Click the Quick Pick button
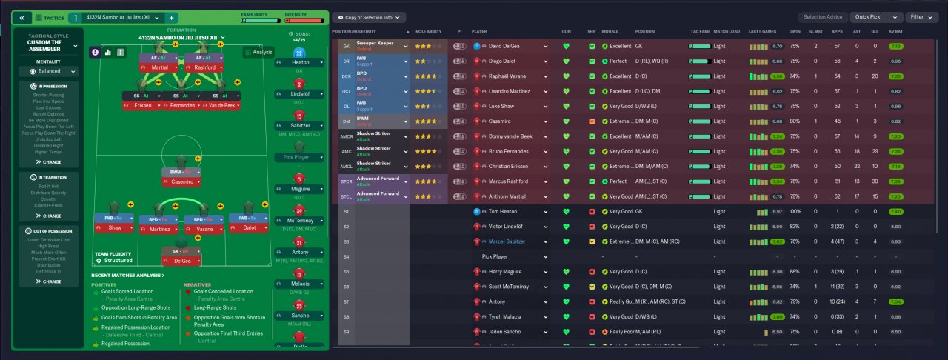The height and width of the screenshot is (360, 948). pyautogui.click(x=867, y=16)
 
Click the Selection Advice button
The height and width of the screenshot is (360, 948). pyautogui.click(x=822, y=16)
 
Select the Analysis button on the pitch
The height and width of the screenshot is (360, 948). pyautogui.click(x=259, y=53)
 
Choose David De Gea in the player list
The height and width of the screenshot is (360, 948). pyautogui.click(x=506, y=46)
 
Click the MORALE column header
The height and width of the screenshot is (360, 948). pyautogui.click(x=609, y=32)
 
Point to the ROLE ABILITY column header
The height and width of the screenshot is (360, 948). pyautogui.click(x=429, y=32)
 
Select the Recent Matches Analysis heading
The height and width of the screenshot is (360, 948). pyautogui.click(x=127, y=275)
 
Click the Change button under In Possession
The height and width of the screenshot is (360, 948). pyautogui.click(x=52, y=161)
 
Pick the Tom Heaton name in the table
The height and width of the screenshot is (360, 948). pyautogui.click(x=504, y=212)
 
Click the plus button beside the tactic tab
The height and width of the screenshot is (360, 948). pyautogui.click(x=171, y=17)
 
